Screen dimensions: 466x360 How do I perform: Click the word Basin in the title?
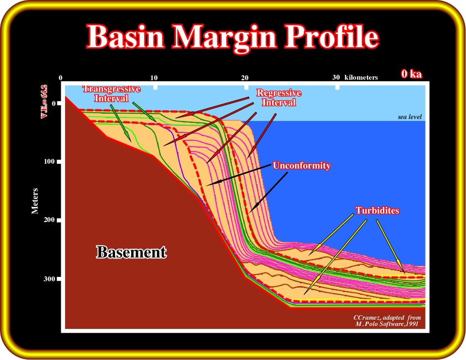[x=125, y=36]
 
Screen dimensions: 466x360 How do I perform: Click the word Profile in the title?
[x=332, y=36]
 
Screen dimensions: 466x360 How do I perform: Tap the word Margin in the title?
[x=224, y=38]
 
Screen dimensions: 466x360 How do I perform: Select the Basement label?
[x=131, y=252]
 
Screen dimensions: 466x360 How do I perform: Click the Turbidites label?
[x=377, y=210]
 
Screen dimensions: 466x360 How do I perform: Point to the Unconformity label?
[x=302, y=166]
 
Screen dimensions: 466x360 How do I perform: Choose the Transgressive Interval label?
[x=111, y=94]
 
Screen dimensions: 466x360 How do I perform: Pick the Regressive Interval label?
[x=279, y=98]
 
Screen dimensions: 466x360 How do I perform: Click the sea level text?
[x=410, y=117]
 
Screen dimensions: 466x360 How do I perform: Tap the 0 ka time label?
[x=411, y=74]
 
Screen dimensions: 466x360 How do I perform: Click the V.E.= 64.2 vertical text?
[x=44, y=101]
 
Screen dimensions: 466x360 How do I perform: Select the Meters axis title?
[x=35, y=201]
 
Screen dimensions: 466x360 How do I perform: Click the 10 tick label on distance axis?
[x=154, y=78]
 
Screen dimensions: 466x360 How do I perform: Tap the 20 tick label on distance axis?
[x=244, y=78]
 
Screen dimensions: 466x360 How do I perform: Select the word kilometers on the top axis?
[x=361, y=78]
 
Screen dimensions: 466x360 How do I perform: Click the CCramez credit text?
[x=387, y=321]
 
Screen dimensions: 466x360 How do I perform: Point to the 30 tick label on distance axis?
[x=336, y=78]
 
